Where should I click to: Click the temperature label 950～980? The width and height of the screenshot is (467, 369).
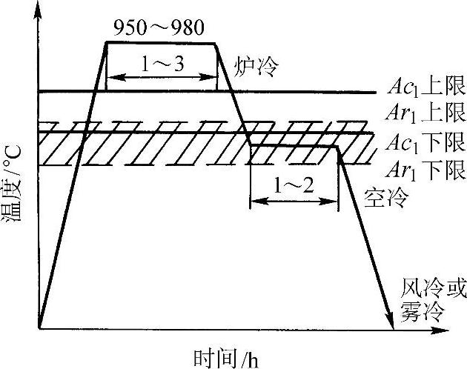coord(160,30)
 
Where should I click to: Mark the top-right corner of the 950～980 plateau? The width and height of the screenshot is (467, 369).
coord(216,42)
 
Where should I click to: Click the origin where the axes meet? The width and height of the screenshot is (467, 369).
coord(39,328)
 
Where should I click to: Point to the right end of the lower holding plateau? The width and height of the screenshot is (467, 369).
coord(337,146)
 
